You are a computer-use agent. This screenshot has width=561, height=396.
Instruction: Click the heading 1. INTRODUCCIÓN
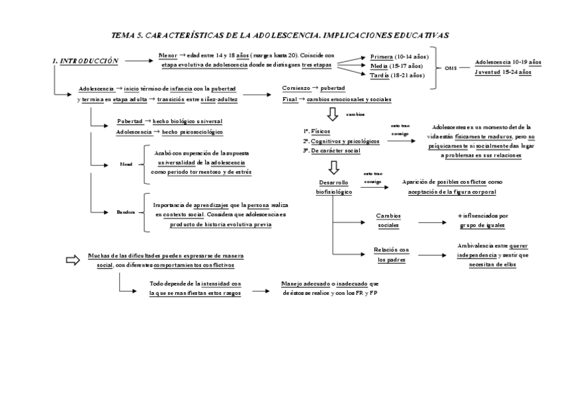[86, 61]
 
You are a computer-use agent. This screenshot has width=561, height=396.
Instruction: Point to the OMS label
[451, 68]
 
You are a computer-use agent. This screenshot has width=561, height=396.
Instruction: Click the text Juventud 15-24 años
[503, 72]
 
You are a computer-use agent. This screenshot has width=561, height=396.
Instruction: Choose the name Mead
[126, 164]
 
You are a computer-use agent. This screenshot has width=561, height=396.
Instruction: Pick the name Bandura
[126, 212]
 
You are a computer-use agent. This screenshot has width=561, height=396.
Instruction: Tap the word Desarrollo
[334, 182]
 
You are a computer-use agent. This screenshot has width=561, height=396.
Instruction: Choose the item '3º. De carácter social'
[331, 151]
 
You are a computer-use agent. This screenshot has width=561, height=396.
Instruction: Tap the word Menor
[168, 56]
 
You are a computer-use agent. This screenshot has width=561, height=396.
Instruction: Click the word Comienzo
[296, 88]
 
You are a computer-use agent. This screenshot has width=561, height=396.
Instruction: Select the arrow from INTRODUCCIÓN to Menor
[138, 61]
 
